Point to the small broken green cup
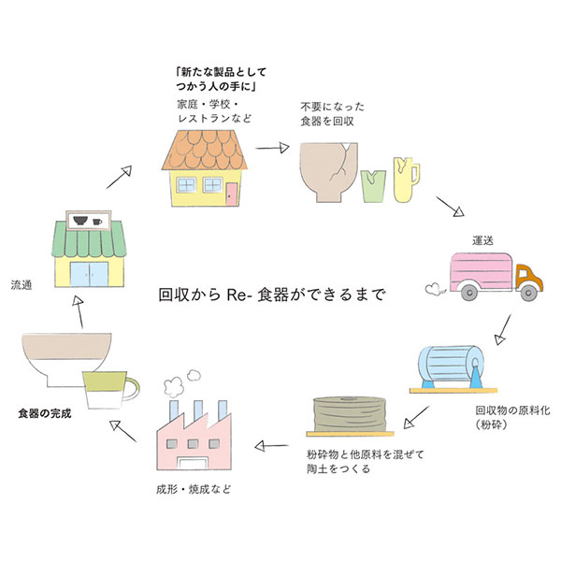[371, 184]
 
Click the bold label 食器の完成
[46, 412]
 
